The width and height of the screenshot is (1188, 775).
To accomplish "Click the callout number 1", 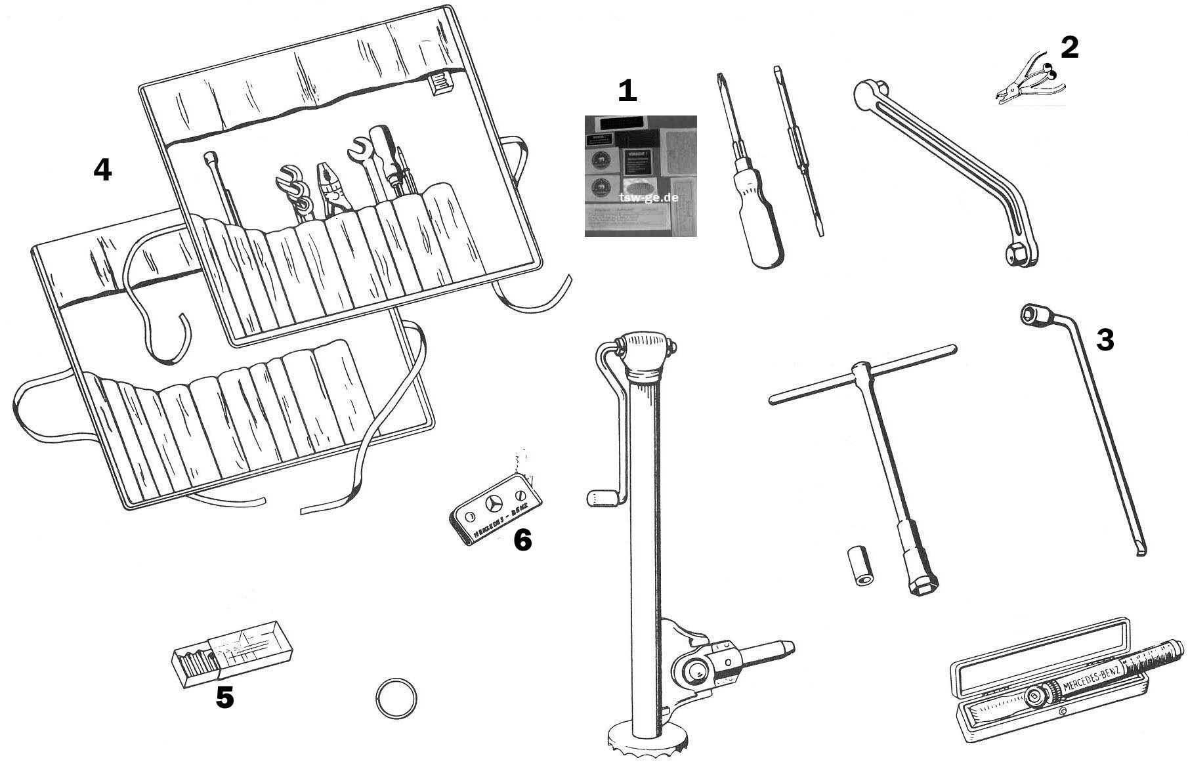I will click(x=627, y=91).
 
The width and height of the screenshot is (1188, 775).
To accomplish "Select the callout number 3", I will click(x=1105, y=340).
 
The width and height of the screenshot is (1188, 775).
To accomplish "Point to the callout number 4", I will click(x=102, y=170).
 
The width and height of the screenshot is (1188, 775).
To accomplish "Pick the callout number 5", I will click(x=224, y=698).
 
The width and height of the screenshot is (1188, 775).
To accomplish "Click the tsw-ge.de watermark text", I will click(x=648, y=196).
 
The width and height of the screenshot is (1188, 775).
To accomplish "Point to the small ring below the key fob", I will click(x=396, y=698).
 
